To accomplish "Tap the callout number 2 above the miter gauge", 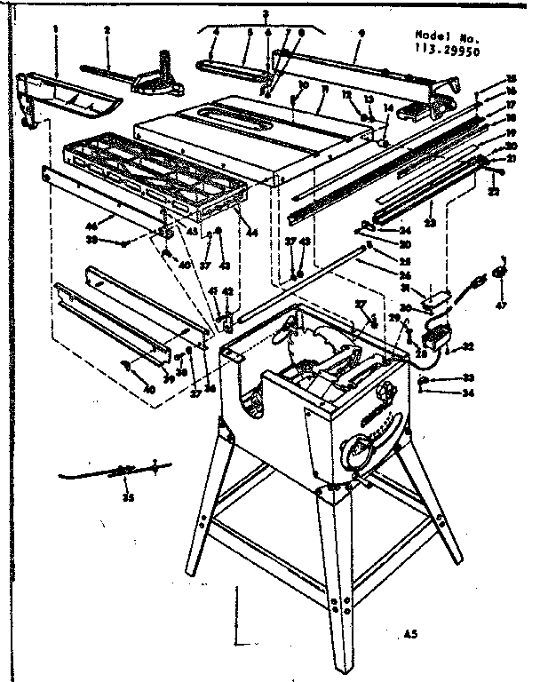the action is [x=107, y=30].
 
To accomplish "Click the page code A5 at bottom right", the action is [x=410, y=634].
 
